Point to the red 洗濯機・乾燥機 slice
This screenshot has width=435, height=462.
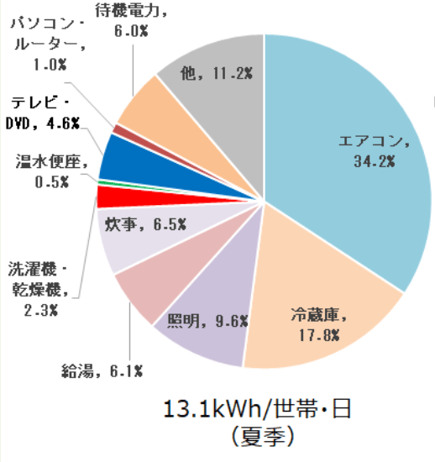pyautogui.click(x=109, y=197)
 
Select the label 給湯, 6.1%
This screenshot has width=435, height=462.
pyautogui.click(x=102, y=370)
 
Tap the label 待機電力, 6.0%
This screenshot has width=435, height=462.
pyautogui.click(x=145, y=19)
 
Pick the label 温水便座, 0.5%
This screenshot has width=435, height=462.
pyautogui.click(x=41, y=167)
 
